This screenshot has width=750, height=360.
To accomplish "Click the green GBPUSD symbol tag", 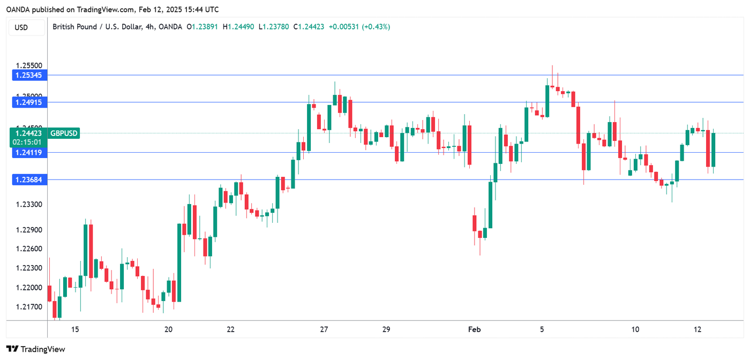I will click(64, 133).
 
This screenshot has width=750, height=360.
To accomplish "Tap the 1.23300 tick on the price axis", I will click(29, 205).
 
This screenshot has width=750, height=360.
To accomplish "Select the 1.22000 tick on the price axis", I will click(29, 288).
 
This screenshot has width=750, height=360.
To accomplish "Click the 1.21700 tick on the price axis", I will click(29, 307).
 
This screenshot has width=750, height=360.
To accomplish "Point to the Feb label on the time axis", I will click(475, 329).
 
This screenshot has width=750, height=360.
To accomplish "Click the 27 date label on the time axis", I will click(324, 329).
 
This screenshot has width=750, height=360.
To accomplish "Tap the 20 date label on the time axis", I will click(168, 329).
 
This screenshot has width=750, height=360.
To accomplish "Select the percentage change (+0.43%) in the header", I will click(377, 26).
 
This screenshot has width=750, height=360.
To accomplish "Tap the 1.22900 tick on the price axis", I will click(29, 230).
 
